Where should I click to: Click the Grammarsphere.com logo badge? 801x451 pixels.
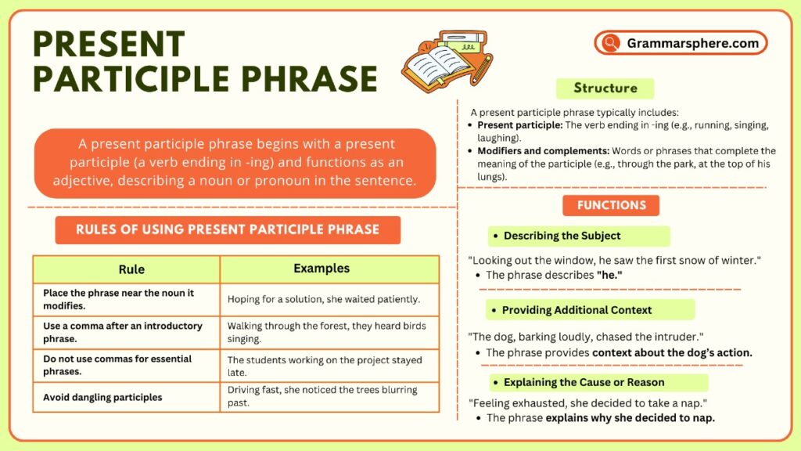click(681, 43)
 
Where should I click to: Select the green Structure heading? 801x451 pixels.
click(605, 88)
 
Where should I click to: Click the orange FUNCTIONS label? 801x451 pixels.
click(611, 205)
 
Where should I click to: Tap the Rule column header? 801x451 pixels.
click(131, 269)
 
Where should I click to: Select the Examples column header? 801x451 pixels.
click(321, 269)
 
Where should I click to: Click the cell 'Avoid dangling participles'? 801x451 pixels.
click(102, 397)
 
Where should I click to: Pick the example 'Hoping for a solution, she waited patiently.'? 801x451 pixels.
click(324, 299)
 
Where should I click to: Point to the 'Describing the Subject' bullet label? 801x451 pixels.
click(562, 236)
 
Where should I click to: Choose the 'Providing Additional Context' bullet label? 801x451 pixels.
click(577, 310)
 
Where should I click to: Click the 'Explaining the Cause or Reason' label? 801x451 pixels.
click(584, 383)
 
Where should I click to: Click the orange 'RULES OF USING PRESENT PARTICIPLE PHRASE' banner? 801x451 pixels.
click(227, 229)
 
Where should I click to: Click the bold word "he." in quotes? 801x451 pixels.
click(609, 275)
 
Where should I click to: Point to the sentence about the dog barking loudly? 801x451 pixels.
click(585, 336)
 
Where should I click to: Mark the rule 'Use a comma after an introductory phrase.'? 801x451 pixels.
click(123, 331)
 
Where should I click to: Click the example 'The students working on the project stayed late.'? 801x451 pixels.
click(324, 366)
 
